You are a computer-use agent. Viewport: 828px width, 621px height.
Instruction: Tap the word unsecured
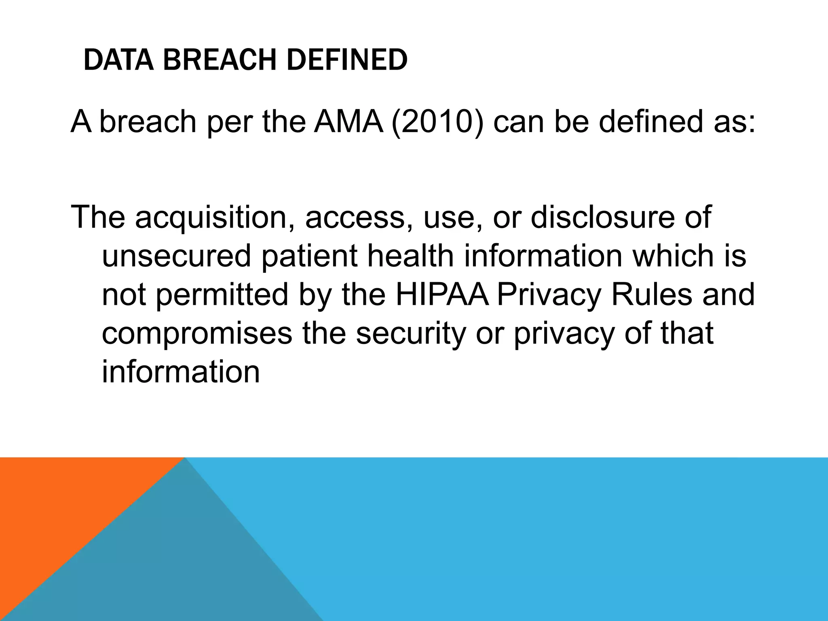coord(176,256)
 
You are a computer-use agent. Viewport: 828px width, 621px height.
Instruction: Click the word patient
coord(309,256)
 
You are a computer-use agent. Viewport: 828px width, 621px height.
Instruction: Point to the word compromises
coord(196,333)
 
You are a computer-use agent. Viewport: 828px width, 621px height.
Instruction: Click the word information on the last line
coord(181,372)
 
